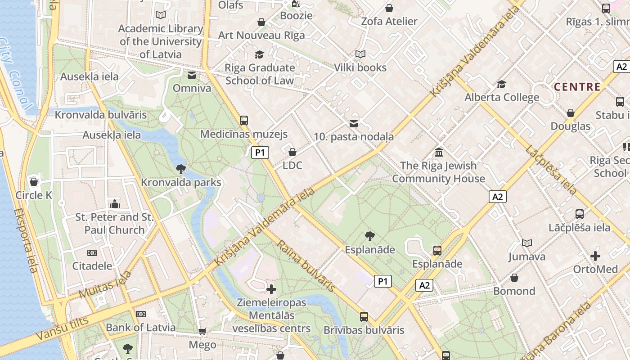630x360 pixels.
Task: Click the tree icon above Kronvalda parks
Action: point(181,169)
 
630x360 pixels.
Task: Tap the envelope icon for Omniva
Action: point(192,75)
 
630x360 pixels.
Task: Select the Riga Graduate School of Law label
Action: point(260,74)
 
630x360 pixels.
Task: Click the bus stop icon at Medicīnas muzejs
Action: point(244,121)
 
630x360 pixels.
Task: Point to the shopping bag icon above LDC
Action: point(292,153)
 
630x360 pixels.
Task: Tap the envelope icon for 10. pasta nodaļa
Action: point(354,123)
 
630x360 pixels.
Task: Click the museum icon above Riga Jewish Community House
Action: point(439,153)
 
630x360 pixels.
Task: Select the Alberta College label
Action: point(502,97)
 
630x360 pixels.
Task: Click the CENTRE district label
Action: point(577,87)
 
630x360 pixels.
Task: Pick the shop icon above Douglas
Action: point(571,113)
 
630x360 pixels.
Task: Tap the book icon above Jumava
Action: point(527,243)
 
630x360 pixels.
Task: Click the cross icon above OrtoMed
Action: point(595,256)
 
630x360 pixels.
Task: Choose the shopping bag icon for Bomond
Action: point(514,278)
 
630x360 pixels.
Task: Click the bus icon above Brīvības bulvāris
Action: point(364,317)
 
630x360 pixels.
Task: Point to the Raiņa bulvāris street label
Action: point(306,266)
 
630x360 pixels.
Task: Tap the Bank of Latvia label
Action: point(140,327)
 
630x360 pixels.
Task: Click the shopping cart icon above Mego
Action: point(202,332)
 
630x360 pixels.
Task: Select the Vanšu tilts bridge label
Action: point(63,327)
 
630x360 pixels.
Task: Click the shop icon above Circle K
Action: point(34,182)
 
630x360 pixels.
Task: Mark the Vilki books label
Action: point(360,67)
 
